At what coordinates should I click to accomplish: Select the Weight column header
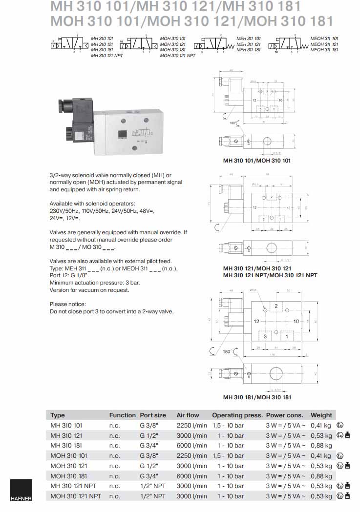(321, 415)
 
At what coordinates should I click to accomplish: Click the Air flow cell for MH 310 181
(191, 446)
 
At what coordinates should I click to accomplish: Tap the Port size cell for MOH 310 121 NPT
(152, 496)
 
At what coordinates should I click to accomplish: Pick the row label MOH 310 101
(66, 456)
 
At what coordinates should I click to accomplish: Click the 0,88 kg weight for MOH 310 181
(321, 476)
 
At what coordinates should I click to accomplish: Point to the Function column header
(122, 415)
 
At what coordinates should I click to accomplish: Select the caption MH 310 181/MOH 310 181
(257, 397)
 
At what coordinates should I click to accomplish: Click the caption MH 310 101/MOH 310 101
(257, 161)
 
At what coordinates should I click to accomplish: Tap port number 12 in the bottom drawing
(256, 321)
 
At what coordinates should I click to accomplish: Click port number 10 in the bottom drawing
(296, 321)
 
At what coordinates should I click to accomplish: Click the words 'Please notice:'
(67, 304)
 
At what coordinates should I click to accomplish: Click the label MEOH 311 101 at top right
(324, 38)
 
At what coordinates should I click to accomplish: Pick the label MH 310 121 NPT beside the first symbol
(107, 56)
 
